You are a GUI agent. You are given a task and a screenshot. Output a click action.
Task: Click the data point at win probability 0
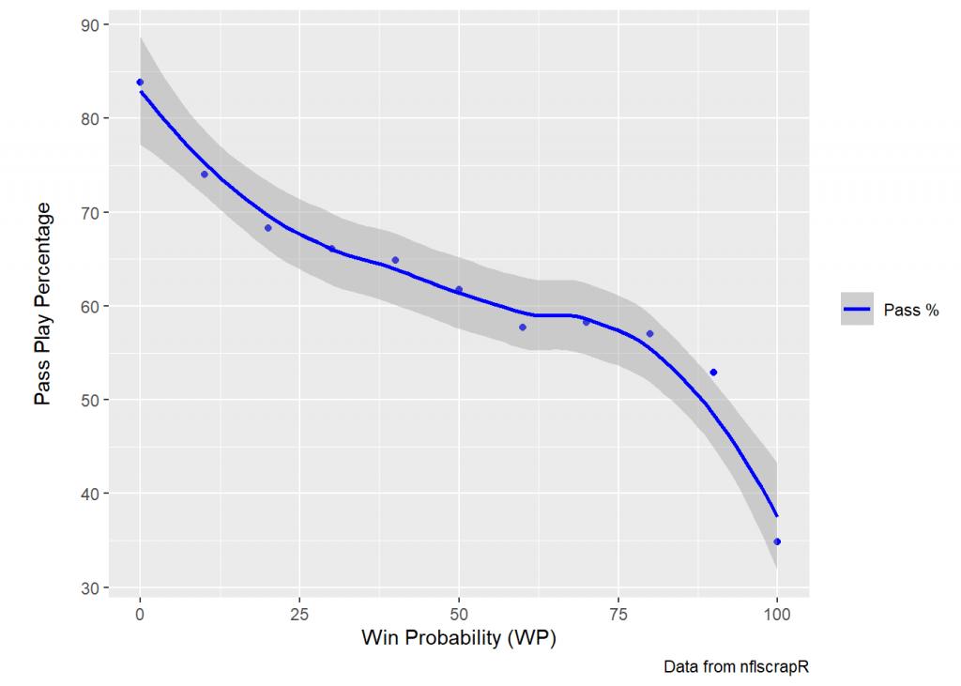click(140, 83)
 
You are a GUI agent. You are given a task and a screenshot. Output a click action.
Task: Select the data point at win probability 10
click(204, 175)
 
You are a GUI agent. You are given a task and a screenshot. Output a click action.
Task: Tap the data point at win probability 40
click(395, 260)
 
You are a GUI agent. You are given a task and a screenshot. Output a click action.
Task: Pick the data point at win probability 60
click(523, 328)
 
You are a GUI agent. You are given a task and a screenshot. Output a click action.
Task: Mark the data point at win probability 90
click(713, 373)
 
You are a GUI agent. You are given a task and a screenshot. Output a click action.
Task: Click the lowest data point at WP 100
click(777, 541)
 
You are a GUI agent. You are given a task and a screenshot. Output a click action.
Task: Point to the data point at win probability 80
click(649, 334)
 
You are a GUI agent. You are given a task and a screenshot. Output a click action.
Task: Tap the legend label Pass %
click(911, 310)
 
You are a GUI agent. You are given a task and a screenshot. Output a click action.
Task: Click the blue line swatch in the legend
click(857, 310)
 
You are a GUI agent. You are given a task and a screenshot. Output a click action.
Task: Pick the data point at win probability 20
click(267, 228)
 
